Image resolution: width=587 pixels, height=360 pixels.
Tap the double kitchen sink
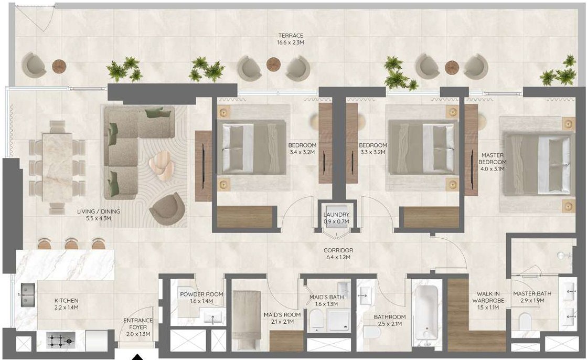pyautogui.click(x=26, y=295)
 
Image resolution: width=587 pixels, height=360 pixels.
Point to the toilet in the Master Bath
pyautogui.click(x=525, y=321)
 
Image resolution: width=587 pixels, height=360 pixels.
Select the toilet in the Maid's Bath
pyautogui.click(x=316, y=320)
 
